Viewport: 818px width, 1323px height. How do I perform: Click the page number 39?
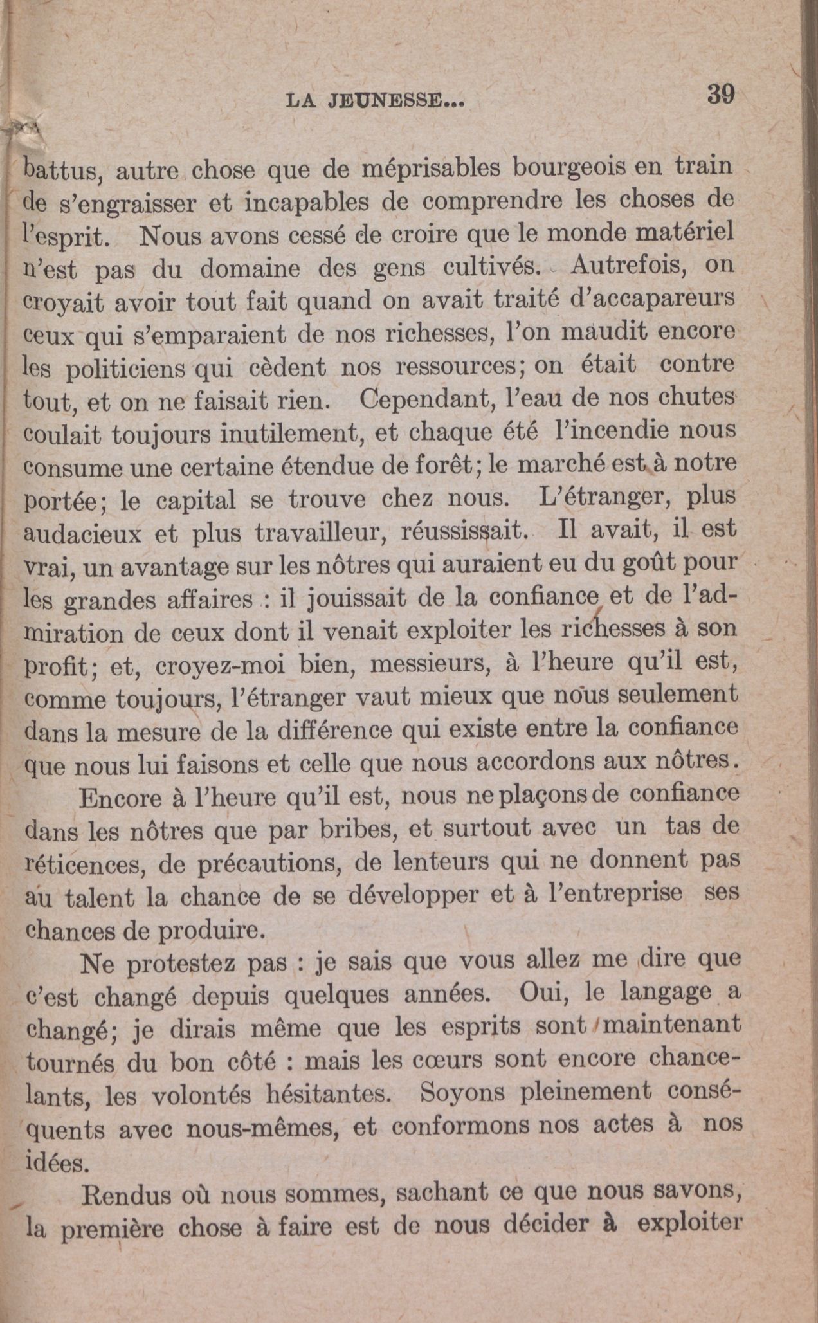point(720,95)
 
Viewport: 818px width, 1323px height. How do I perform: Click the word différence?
point(338,732)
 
